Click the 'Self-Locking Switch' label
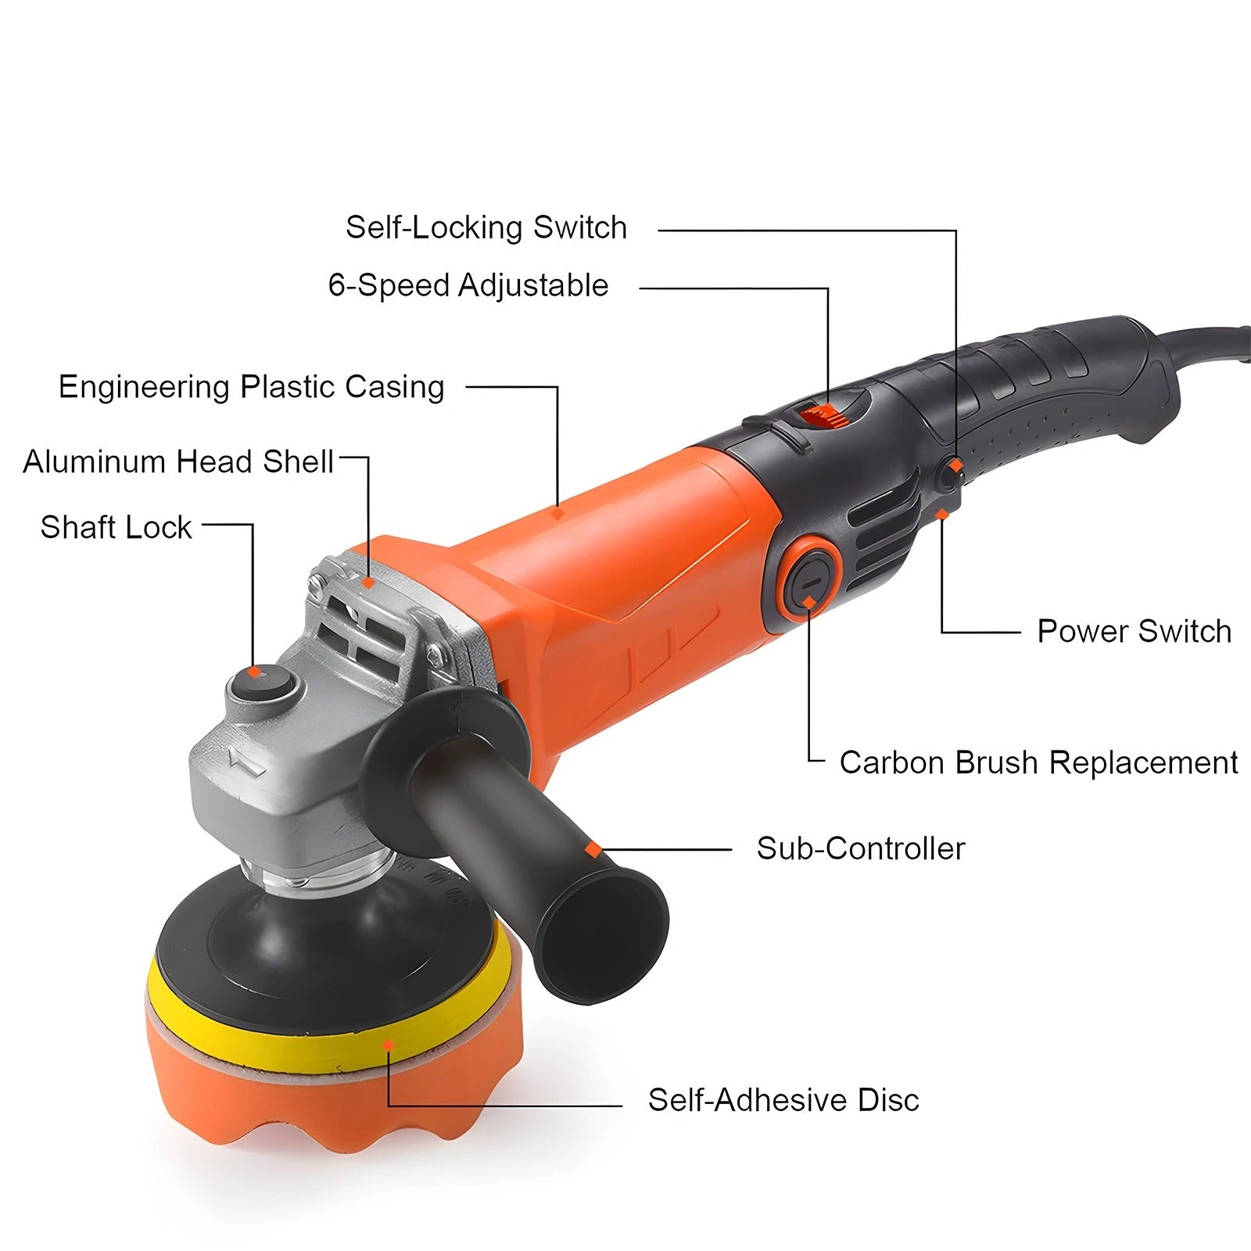(486, 228)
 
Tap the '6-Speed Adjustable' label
(468, 285)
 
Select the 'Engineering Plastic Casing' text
(252, 387)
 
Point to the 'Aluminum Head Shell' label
(178, 461)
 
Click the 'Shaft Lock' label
(116, 527)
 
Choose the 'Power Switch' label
(1134, 631)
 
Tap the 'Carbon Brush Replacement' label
(1038, 762)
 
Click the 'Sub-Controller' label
(861, 848)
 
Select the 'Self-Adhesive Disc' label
(783, 1100)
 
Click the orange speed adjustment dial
(825, 414)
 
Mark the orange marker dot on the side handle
(593, 848)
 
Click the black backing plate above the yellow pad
(321, 930)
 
